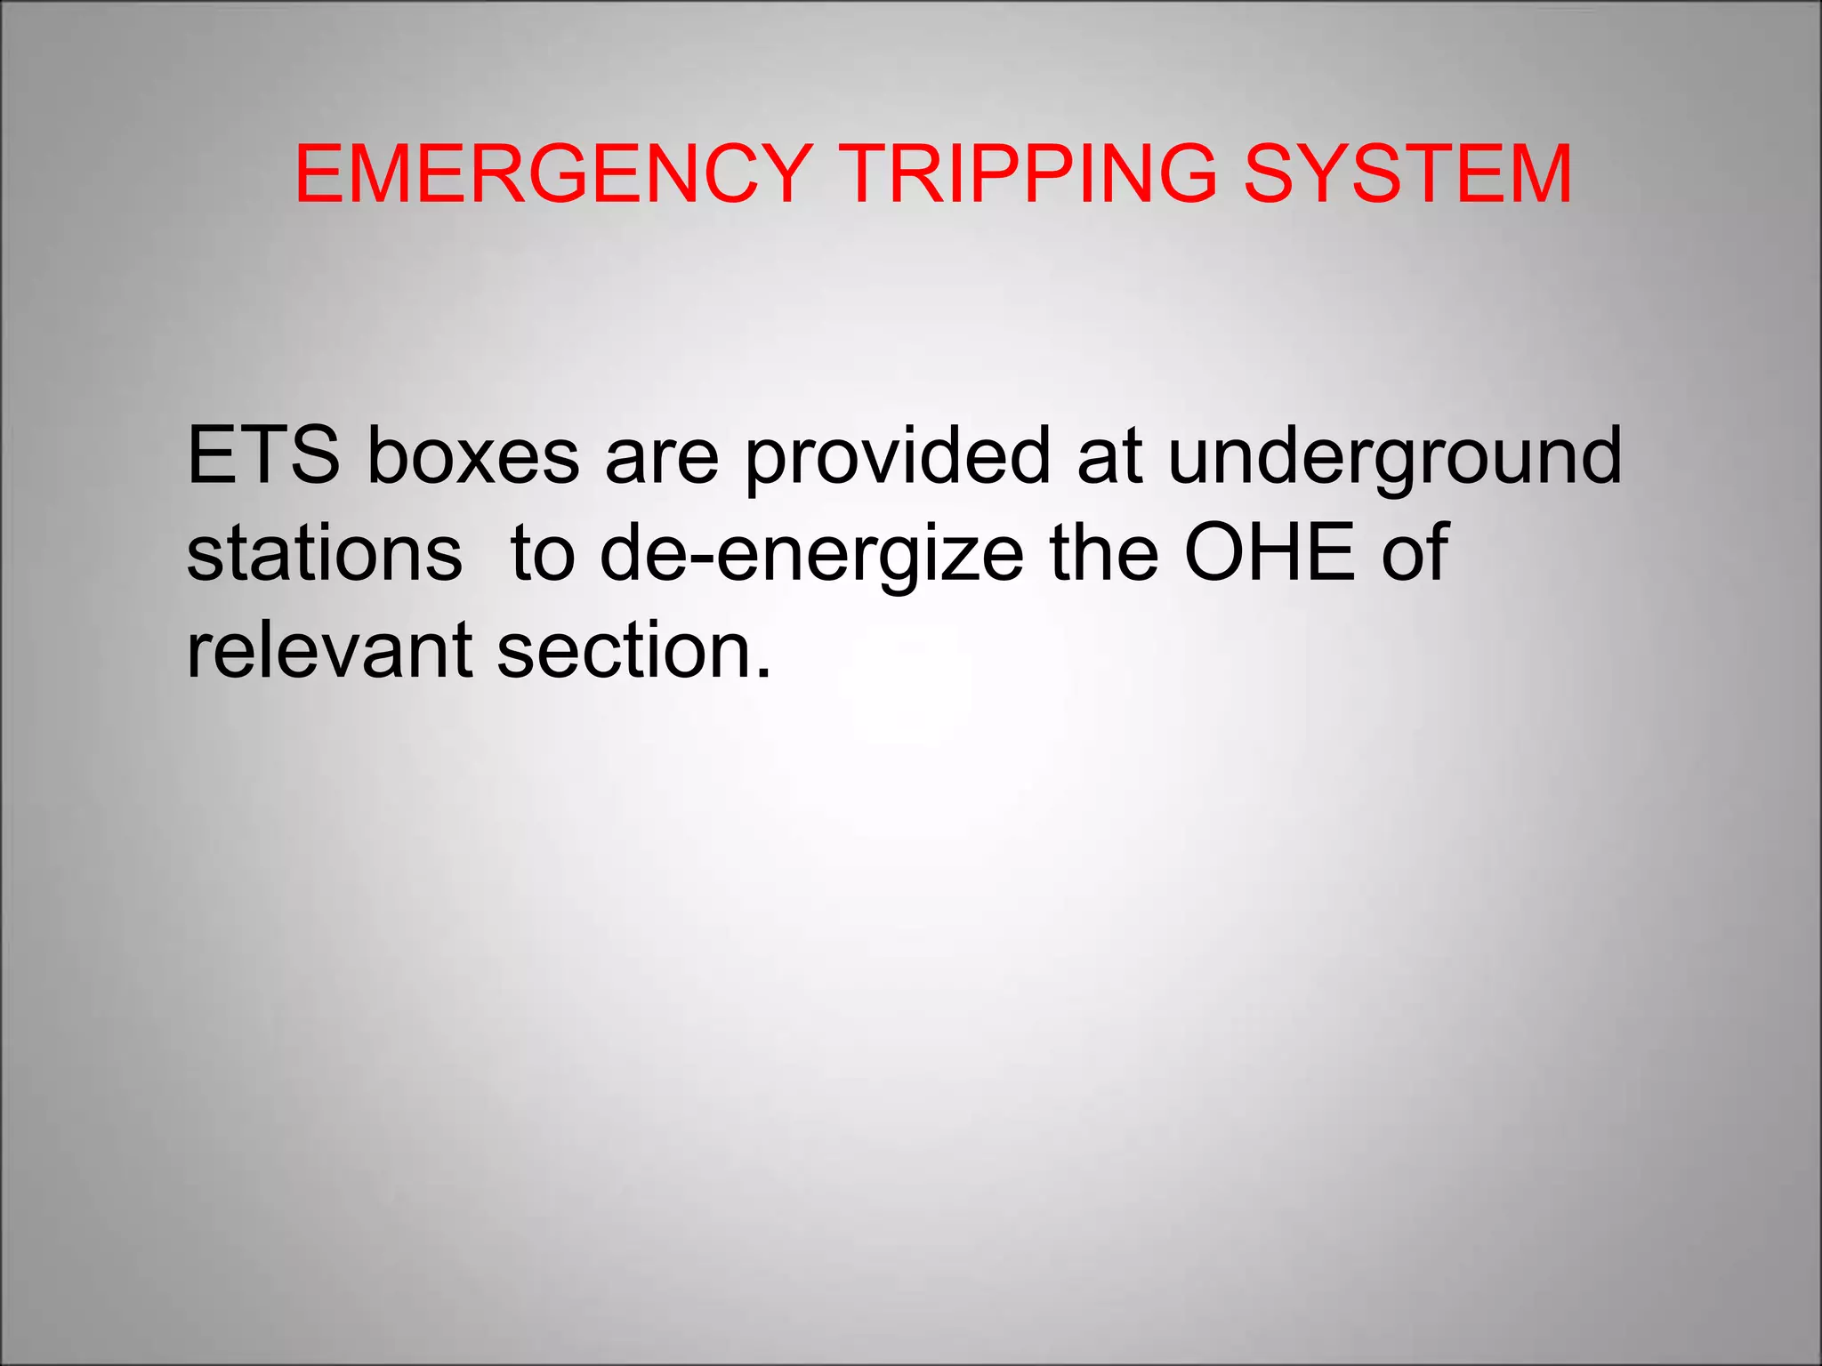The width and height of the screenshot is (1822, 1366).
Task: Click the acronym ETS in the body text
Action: point(263,455)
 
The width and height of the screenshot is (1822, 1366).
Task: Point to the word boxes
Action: point(473,455)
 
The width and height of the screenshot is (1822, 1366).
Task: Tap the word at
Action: point(1109,457)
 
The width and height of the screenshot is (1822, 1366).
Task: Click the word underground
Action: point(1395,455)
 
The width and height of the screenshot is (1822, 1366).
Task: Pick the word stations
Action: point(325,553)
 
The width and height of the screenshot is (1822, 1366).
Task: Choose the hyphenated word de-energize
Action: point(811,553)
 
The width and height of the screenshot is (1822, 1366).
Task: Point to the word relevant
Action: point(329,651)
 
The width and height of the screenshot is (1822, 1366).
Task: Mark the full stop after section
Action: point(762,674)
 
